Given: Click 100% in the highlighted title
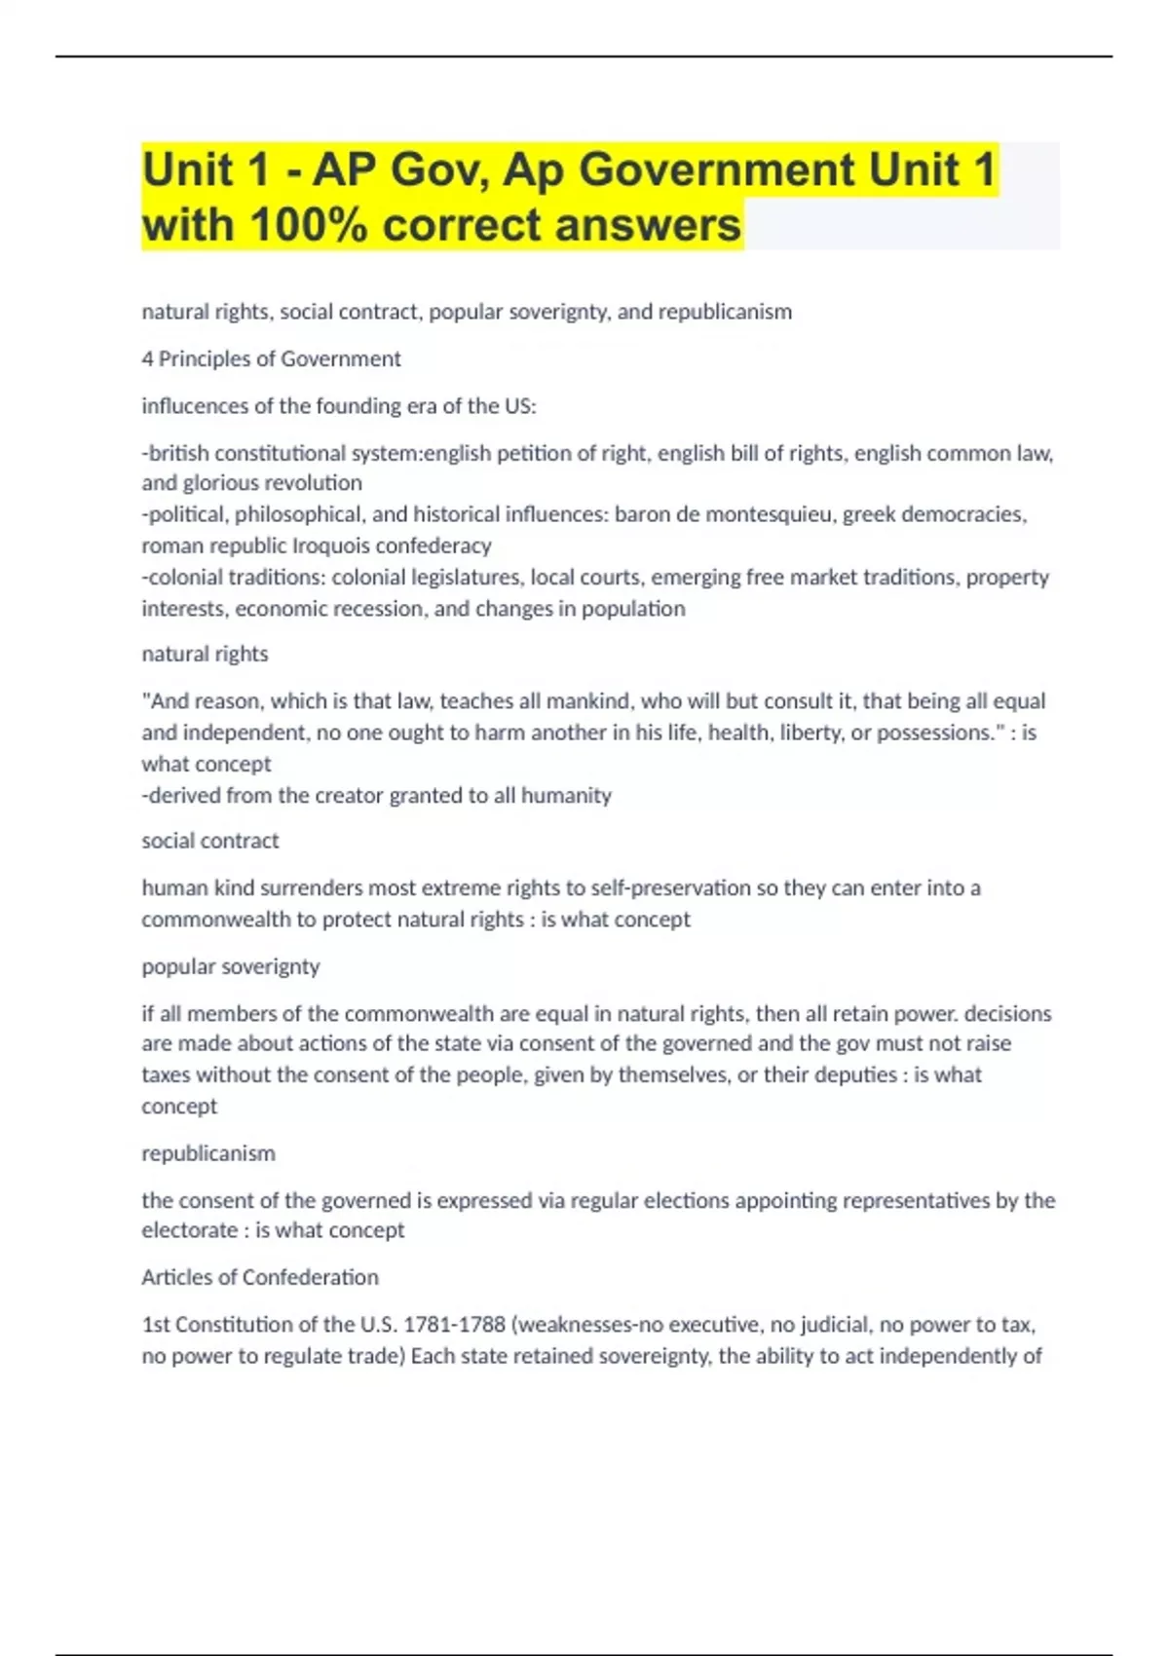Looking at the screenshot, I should click(309, 225).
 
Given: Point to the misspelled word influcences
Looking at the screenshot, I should click(195, 405).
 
